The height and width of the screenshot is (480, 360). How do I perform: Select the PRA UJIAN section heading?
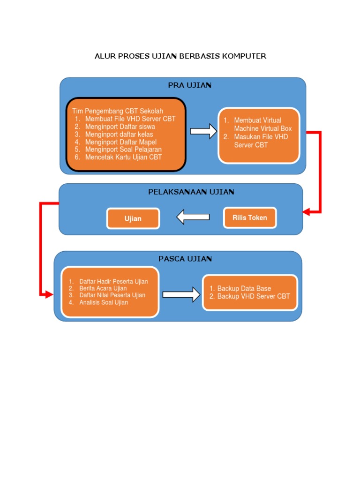[190, 85]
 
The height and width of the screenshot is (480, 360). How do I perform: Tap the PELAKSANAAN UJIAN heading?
[191, 192]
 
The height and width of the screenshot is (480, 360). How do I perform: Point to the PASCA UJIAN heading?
[185, 259]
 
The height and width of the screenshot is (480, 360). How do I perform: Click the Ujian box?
[133, 218]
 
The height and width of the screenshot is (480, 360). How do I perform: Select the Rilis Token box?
[250, 217]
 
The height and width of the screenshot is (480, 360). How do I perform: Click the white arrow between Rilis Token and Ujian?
[193, 217]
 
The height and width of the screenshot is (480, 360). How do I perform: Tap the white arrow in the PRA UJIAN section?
[203, 131]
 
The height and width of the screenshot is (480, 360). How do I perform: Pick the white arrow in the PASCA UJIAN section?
[181, 294]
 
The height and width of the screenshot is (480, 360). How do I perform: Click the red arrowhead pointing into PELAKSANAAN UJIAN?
[306, 211]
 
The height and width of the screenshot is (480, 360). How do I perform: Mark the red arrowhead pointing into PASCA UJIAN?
[49, 294]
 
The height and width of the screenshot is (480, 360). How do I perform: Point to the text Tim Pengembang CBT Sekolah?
[118, 111]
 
